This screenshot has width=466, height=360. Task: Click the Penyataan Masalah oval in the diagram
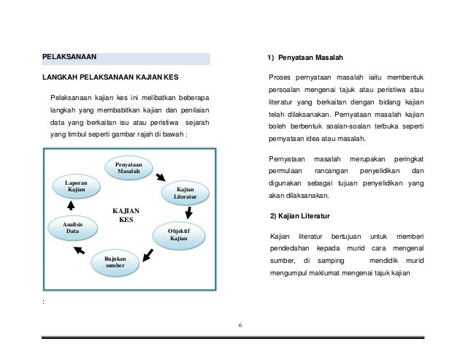(x=129, y=169)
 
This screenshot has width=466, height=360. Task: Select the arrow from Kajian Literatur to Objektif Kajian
(x=189, y=213)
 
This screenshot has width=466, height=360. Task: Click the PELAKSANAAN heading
(x=69, y=57)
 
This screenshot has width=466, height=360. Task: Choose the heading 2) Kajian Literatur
(x=299, y=217)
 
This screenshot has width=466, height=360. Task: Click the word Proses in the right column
(x=281, y=77)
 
